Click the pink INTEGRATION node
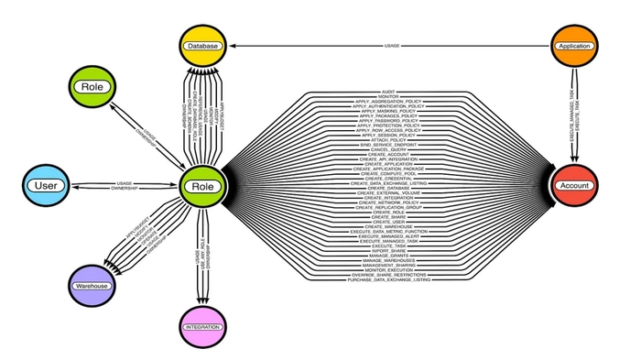[202, 327]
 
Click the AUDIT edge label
[386, 92]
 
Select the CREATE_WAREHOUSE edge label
[386, 228]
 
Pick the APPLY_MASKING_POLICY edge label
[386, 111]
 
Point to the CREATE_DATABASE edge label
[386, 189]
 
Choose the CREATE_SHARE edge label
[386, 215]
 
